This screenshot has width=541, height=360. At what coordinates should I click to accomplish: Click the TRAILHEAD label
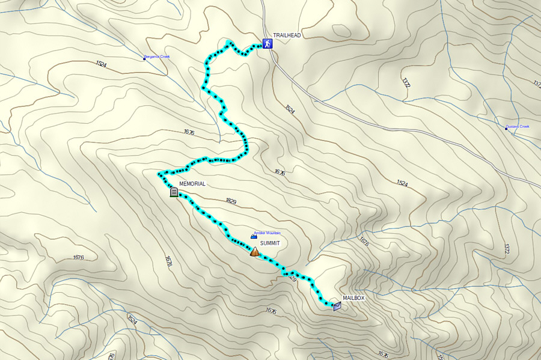[287, 35]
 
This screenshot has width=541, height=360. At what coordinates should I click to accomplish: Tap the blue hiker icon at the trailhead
[266, 44]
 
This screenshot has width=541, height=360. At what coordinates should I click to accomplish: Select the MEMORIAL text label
[192, 184]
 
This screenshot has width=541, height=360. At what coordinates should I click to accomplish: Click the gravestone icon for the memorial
[174, 192]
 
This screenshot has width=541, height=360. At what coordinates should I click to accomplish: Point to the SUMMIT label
[270, 243]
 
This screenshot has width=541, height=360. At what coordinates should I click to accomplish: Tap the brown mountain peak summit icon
[255, 252]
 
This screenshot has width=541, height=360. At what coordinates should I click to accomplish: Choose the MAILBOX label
[354, 298]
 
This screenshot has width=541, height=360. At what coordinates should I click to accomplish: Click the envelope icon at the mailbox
[337, 306]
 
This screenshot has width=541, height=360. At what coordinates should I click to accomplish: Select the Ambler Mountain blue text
[267, 233]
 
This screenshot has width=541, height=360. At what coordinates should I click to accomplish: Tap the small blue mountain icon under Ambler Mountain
[254, 237]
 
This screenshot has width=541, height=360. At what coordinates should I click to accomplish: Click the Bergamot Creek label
[158, 57]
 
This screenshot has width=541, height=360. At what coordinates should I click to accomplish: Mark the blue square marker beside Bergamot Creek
[144, 59]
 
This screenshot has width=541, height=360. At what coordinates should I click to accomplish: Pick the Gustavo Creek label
[518, 127]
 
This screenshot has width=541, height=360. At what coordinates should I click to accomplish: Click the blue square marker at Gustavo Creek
[506, 128]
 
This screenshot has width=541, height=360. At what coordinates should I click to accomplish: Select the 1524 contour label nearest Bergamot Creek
[100, 64]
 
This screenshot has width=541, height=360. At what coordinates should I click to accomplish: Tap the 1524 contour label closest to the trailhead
[290, 109]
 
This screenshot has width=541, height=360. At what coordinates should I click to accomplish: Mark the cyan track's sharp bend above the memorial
[160, 174]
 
